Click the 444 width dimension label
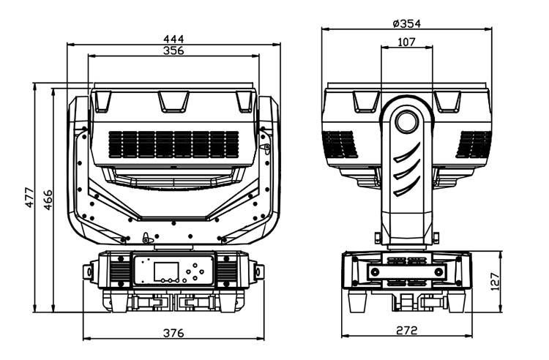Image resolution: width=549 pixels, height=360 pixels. point(173,37)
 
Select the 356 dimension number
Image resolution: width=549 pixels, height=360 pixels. point(173,50)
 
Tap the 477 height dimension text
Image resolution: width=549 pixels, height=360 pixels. point(30,196)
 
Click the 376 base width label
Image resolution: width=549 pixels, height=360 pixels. point(173,333)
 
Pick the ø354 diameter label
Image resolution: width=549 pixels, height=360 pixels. point(407,23)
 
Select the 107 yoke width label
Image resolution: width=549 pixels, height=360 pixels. point(406,42)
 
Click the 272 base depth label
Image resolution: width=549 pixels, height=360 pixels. point(407,331)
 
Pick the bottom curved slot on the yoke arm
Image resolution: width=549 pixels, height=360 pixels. point(407,187)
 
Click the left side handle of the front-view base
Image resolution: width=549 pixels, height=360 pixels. point(90,272)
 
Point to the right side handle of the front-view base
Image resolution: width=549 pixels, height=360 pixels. point(258,272)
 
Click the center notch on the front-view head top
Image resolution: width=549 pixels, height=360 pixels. point(173,101)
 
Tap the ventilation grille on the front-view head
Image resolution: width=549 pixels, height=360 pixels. point(173,144)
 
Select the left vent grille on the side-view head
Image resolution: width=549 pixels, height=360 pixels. point(340,144)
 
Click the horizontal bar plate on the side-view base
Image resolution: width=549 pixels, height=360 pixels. point(407,271)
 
